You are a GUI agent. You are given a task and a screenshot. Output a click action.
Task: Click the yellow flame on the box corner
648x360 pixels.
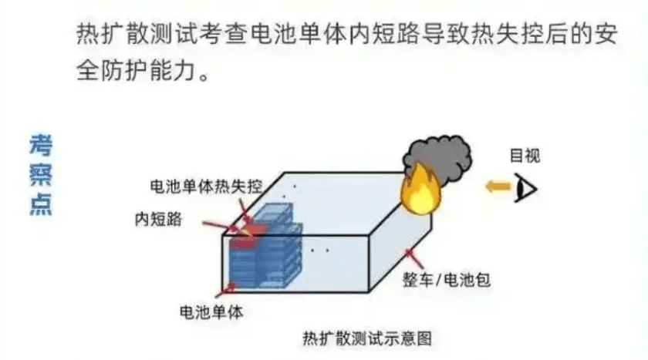click(x=420, y=190)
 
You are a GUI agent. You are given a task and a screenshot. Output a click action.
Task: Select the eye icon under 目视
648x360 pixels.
click(x=525, y=188)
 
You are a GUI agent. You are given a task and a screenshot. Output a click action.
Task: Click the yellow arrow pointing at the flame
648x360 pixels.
click(x=498, y=187)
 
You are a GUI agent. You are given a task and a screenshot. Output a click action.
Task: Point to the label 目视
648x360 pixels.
click(x=525, y=156)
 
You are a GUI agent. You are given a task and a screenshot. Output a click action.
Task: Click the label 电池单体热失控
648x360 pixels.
click(x=206, y=187)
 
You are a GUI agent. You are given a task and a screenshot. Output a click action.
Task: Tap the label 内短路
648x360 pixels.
click(x=158, y=219)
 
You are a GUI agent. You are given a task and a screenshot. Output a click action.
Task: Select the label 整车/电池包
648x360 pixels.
click(x=447, y=280)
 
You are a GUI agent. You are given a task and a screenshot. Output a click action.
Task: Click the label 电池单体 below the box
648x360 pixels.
click(x=211, y=312)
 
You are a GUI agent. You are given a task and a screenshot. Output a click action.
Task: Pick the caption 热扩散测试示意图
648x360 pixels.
click(x=367, y=338)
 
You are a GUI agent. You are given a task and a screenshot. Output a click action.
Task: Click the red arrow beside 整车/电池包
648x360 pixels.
click(x=414, y=258)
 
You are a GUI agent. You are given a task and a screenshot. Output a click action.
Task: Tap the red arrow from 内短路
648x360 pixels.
click(x=218, y=227)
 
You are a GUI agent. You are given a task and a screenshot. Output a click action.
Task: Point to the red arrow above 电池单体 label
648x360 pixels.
click(x=226, y=290)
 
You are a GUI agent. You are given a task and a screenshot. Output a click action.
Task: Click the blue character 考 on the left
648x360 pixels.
click(x=41, y=145)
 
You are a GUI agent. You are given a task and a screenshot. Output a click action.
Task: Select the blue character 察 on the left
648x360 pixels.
click(x=41, y=174)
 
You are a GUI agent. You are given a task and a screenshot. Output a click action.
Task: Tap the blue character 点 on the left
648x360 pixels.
click(x=41, y=204)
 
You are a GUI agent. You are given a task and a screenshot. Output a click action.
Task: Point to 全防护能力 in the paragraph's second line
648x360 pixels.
click(x=137, y=71)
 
